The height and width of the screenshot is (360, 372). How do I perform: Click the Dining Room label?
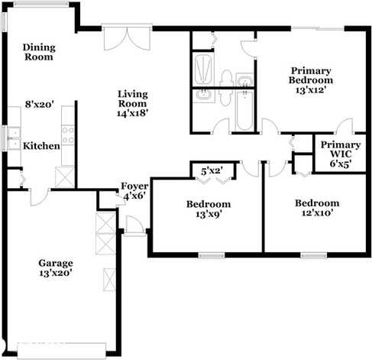pos(39,52)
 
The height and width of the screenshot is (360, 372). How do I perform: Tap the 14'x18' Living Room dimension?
pos(133,113)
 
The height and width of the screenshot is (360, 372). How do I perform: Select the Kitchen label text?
pos(41,146)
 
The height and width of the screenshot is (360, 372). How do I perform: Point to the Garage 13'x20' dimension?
pos(56,273)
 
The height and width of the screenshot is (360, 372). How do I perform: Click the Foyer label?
pos(134,186)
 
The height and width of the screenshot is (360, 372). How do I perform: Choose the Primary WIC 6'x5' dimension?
pos(341,164)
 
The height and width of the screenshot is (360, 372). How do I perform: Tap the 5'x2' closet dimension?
pos(212,171)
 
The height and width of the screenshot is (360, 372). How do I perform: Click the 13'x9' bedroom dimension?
pos(209,214)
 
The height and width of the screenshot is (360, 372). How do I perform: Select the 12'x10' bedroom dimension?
pos(317,212)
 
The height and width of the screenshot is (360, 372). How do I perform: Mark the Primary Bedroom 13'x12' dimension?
pos(311,89)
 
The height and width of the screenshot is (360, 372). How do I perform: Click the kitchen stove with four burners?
pos(68,135)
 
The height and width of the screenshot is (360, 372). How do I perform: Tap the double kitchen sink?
pos(14,138)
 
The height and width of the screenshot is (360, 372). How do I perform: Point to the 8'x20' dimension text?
pos(40,104)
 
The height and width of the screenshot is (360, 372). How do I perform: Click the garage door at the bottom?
pos(62,351)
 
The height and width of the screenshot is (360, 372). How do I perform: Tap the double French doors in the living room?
pos(127,37)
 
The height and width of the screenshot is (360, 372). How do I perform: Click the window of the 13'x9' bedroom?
pos(212,255)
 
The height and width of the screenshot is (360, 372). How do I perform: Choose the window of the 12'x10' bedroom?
pos(313,255)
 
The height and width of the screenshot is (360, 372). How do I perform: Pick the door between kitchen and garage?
pos(40,196)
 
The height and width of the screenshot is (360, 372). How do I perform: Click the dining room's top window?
pos(41,4)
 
